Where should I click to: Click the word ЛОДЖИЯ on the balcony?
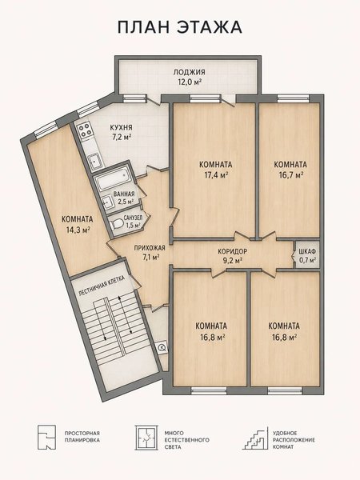(x=189, y=72)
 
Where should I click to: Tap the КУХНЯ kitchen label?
(x=122, y=127)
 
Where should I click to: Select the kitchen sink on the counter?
(x=95, y=161)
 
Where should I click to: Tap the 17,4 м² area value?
(x=216, y=175)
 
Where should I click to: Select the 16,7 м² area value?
(x=290, y=175)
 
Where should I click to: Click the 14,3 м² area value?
(x=78, y=230)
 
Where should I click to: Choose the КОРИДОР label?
(x=232, y=252)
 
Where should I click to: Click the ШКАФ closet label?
(x=308, y=252)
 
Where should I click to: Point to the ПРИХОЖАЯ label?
(x=150, y=248)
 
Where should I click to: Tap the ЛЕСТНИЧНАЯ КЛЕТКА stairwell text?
(x=102, y=285)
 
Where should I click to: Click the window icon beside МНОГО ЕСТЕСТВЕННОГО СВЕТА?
(x=146, y=438)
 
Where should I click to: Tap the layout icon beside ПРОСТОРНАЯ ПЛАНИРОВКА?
(x=47, y=437)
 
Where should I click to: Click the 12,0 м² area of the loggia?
(x=189, y=82)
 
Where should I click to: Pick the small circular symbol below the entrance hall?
(x=162, y=347)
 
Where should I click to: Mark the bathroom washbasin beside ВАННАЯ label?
(x=107, y=202)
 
